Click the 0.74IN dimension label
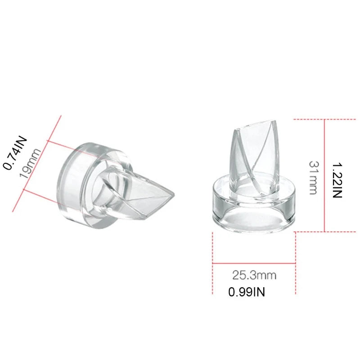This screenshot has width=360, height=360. click(16, 153)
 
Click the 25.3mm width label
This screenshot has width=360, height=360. click(254, 274)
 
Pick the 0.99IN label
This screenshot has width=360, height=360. click(247, 292)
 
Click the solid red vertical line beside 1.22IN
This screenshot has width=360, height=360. click(325, 175)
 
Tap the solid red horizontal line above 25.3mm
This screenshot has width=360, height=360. click(254, 263)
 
